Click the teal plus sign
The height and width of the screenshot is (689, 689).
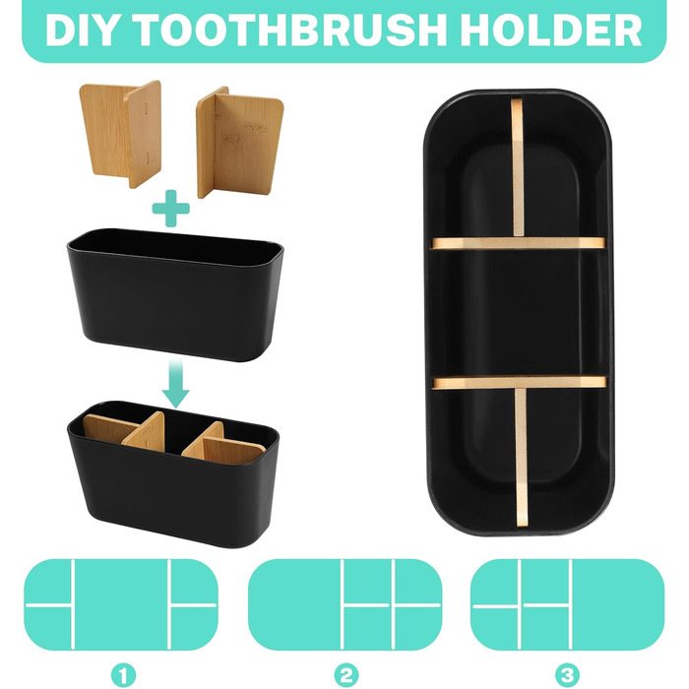(x=171, y=208)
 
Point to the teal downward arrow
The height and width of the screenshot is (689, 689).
(x=175, y=382)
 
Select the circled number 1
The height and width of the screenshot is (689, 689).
(x=123, y=675)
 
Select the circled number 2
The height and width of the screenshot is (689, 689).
(x=345, y=675)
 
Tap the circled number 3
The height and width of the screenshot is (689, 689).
(x=567, y=675)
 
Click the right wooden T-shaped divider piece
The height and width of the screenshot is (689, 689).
(x=239, y=141)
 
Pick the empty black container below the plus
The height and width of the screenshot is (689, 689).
(x=175, y=293)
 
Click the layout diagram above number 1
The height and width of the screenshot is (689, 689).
(x=121, y=604)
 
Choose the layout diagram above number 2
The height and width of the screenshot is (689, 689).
(x=345, y=604)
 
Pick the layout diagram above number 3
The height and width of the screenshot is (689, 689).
(x=567, y=604)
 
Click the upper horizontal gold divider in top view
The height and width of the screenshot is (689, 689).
(x=519, y=243)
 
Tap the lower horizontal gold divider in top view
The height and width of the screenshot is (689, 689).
(x=520, y=382)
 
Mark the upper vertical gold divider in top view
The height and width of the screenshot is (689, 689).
(x=518, y=167)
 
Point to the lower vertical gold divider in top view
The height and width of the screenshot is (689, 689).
(x=521, y=457)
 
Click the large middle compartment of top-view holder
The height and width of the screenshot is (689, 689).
(x=519, y=312)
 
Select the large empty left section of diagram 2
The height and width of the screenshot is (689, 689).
(x=294, y=604)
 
